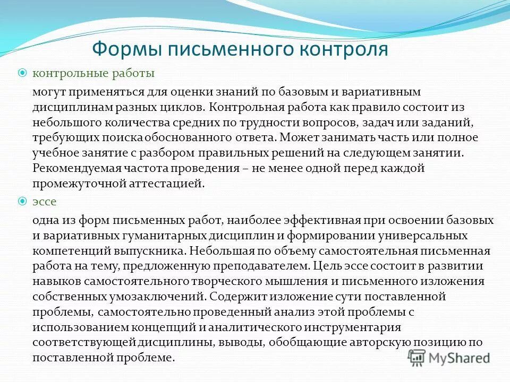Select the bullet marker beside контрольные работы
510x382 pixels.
tap(22, 73)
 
